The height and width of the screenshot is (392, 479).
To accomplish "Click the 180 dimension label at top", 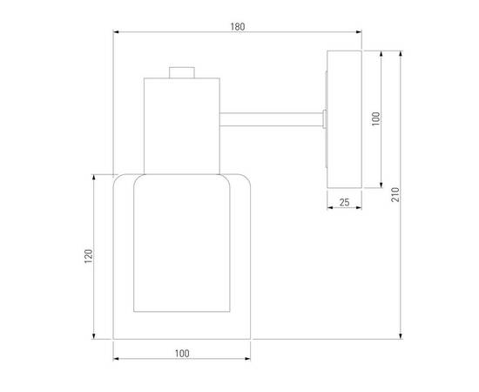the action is click(x=238, y=27).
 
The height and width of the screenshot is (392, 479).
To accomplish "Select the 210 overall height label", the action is click(x=395, y=194).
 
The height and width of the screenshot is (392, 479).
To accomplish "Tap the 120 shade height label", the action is click(x=88, y=256).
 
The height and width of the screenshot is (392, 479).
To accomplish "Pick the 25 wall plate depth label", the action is click(x=344, y=202).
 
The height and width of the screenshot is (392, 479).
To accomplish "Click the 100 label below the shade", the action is click(x=182, y=354).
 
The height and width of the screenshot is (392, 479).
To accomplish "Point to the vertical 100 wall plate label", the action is click(x=376, y=118).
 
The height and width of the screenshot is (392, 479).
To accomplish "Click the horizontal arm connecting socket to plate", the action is click(x=271, y=119).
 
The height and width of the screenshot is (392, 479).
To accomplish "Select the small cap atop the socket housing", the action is click(x=182, y=72).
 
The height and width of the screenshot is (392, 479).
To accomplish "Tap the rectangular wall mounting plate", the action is click(x=344, y=119).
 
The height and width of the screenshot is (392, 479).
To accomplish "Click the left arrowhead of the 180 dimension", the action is click(x=116, y=31).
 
